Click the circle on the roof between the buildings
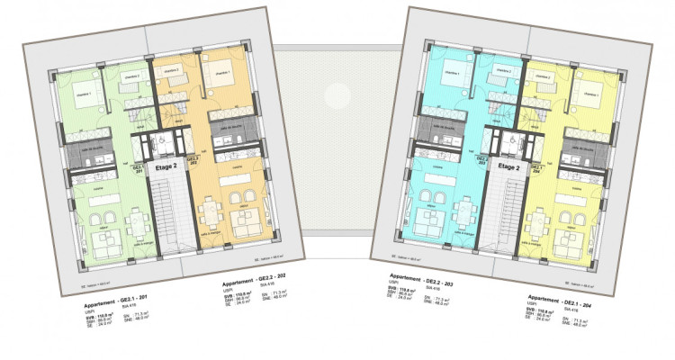click(x=337, y=93)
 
